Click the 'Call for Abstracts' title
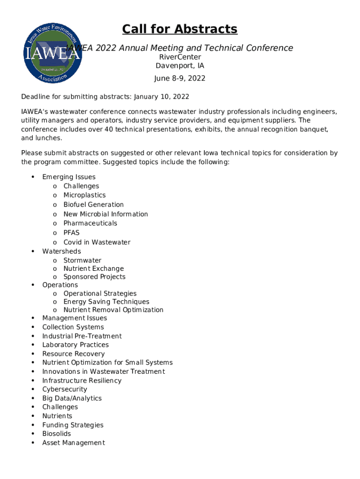(180, 29)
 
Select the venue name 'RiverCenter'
(180, 57)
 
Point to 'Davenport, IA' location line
(180, 66)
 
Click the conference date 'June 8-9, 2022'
(180, 78)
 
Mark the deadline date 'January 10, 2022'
(161, 97)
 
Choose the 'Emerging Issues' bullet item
(69, 177)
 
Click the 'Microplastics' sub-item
(85, 195)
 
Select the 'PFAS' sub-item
(72, 232)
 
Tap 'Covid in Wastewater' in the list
(97, 242)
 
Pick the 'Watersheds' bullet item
(61, 251)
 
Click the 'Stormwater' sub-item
(82, 260)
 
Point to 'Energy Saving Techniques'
(106, 302)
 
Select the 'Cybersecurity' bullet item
(65, 389)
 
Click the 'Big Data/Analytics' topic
(72, 398)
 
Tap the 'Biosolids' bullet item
(57, 434)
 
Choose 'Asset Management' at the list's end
(73, 443)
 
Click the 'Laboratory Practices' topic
(75, 345)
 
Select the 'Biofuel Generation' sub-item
(94, 204)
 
